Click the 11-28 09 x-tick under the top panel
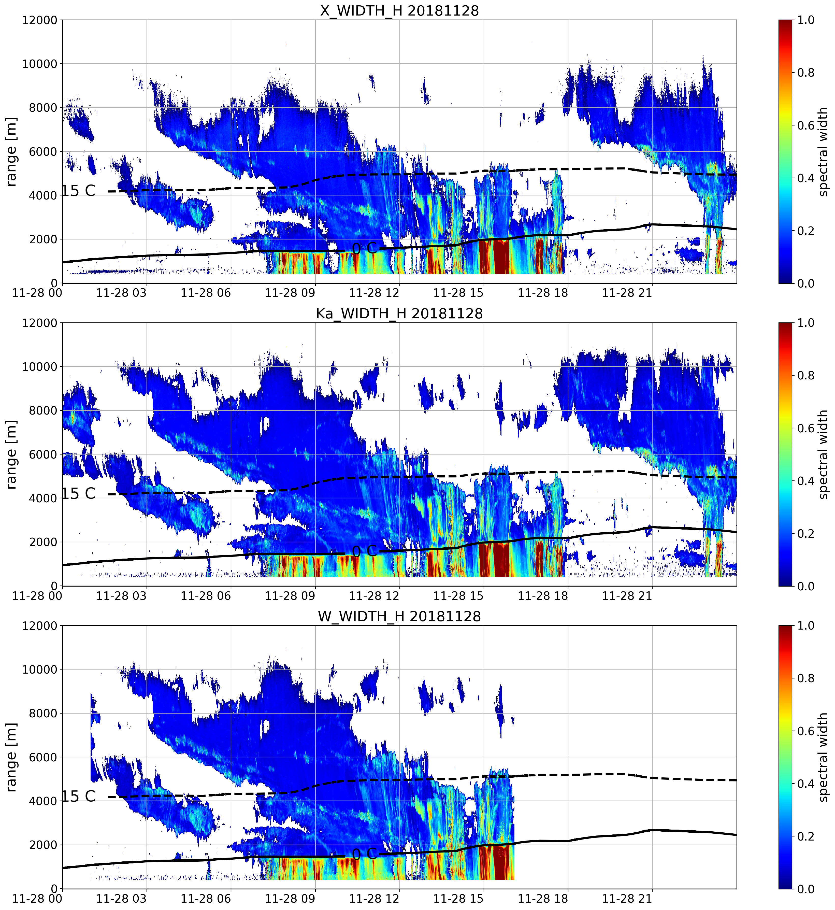tap(290, 293)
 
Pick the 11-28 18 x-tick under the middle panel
tap(543, 595)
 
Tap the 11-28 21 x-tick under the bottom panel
tap(627, 898)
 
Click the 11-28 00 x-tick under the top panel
tap(37, 293)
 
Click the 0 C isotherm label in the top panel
tap(364, 248)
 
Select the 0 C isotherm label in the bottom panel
tap(364, 854)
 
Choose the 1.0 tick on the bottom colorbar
tap(806, 626)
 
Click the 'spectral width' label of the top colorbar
tap(823, 151)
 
